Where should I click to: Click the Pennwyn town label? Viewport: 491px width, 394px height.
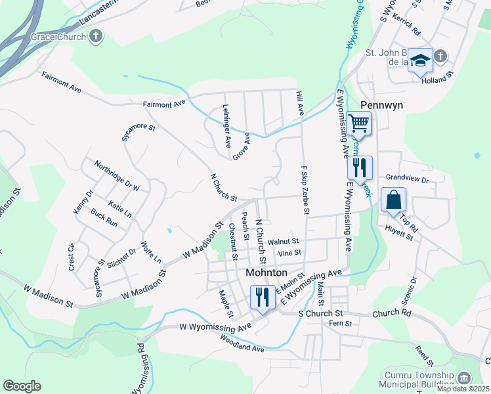click(x=381, y=105)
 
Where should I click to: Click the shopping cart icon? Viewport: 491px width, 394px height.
click(x=358, y=123)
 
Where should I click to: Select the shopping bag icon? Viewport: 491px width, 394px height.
click(x=393, y=200)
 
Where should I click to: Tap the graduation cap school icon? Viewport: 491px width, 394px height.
click(x=420, y=61)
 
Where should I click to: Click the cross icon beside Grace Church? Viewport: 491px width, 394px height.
click(x=96, y=37)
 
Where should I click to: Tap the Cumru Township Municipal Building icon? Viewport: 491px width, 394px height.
click(x=464, y=378)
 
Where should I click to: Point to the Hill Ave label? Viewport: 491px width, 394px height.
click(x=300, y=102)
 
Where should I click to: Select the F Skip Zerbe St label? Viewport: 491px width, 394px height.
click(x=305, y=190)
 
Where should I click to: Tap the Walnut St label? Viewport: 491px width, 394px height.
click(x=288, y=242)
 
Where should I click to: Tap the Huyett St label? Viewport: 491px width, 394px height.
click(x=399, y=231)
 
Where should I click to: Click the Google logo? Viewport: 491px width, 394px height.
click(x=22, y=386)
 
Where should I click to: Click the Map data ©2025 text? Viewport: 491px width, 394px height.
click(x=462, y=389)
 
